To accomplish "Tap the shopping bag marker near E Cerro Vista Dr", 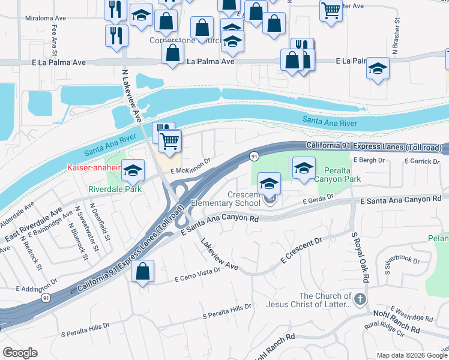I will [143, 271].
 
